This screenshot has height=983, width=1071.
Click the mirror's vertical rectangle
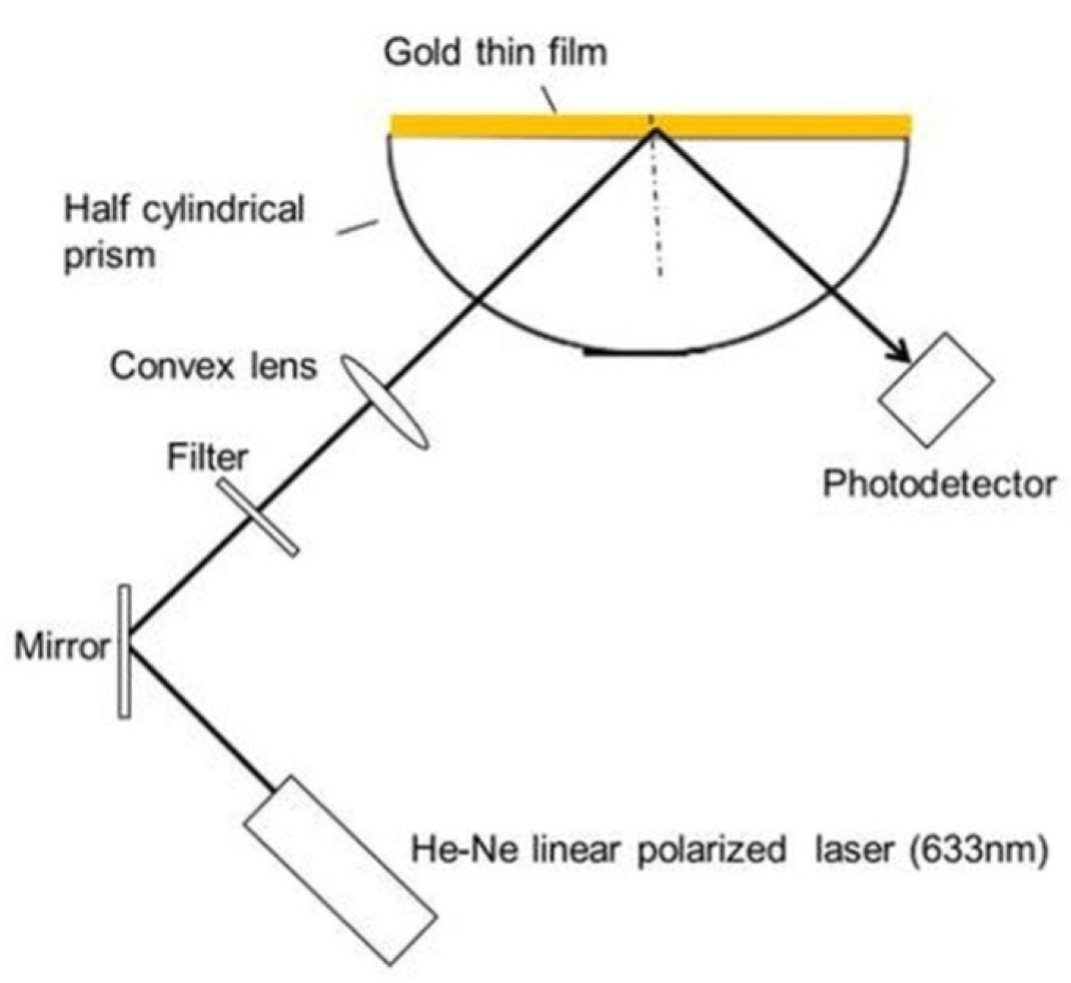pos(125,651)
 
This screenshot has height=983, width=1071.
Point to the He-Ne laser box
pos(340,869)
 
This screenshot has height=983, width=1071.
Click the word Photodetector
pos(939,485)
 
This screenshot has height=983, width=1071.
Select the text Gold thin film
pos(496,53)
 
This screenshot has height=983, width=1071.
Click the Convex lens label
pos(213,365)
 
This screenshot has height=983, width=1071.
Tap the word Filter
pos(208,458)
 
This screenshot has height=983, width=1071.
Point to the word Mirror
pos(62,647)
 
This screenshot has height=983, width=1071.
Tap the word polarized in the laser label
pos(711,850)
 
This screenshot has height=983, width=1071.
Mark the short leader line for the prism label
pos(358,227)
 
